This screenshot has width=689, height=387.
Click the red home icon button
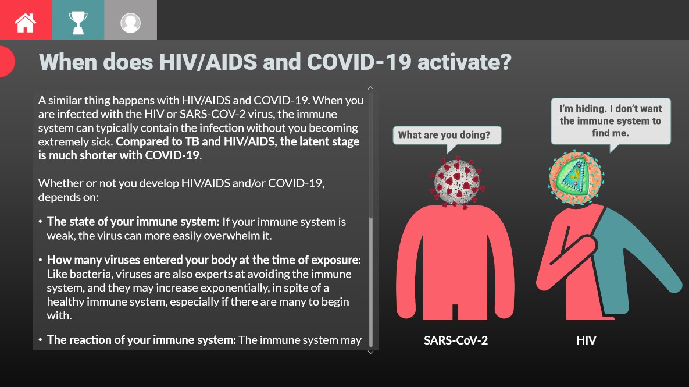[x=26, y=20]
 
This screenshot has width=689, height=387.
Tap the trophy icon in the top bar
[x=78, y=20]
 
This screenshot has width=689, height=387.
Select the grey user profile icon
[x=130, y=20]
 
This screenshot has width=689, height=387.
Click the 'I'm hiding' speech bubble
[x=611, y=121]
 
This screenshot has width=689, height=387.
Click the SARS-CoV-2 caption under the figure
[x=456, y=340]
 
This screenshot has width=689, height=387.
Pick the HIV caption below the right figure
[x=586, y=340]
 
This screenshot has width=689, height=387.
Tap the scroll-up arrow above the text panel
[x=371, y=88]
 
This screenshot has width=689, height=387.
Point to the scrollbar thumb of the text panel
[x=371, y=279]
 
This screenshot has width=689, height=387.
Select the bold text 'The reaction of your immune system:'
[x=141, y=340]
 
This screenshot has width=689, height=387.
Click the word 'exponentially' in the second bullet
[x=236, y=287]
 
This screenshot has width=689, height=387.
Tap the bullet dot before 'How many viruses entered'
[x=41, y=260]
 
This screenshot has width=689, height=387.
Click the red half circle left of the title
[x=6, y=61]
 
